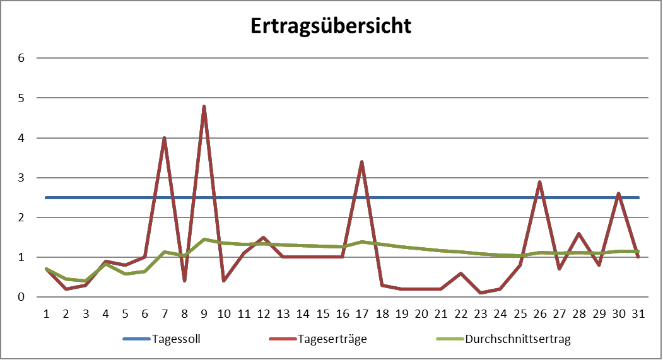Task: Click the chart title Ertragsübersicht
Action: point(331,26)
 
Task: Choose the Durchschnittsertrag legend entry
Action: point(518,339)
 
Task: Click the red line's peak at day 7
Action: point(165,137)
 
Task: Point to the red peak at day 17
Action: point(362,161)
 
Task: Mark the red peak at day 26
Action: point(540,182)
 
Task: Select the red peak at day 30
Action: point(619,194)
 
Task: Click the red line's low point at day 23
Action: point(481,293)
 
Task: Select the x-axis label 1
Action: point(46,313)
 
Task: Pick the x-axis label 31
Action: point(638,313)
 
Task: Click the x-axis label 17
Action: point(362,313)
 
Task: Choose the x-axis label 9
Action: point(204,313)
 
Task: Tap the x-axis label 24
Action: point(500,313)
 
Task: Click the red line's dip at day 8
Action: point(184,281)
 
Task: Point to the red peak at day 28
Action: point(579,233)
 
